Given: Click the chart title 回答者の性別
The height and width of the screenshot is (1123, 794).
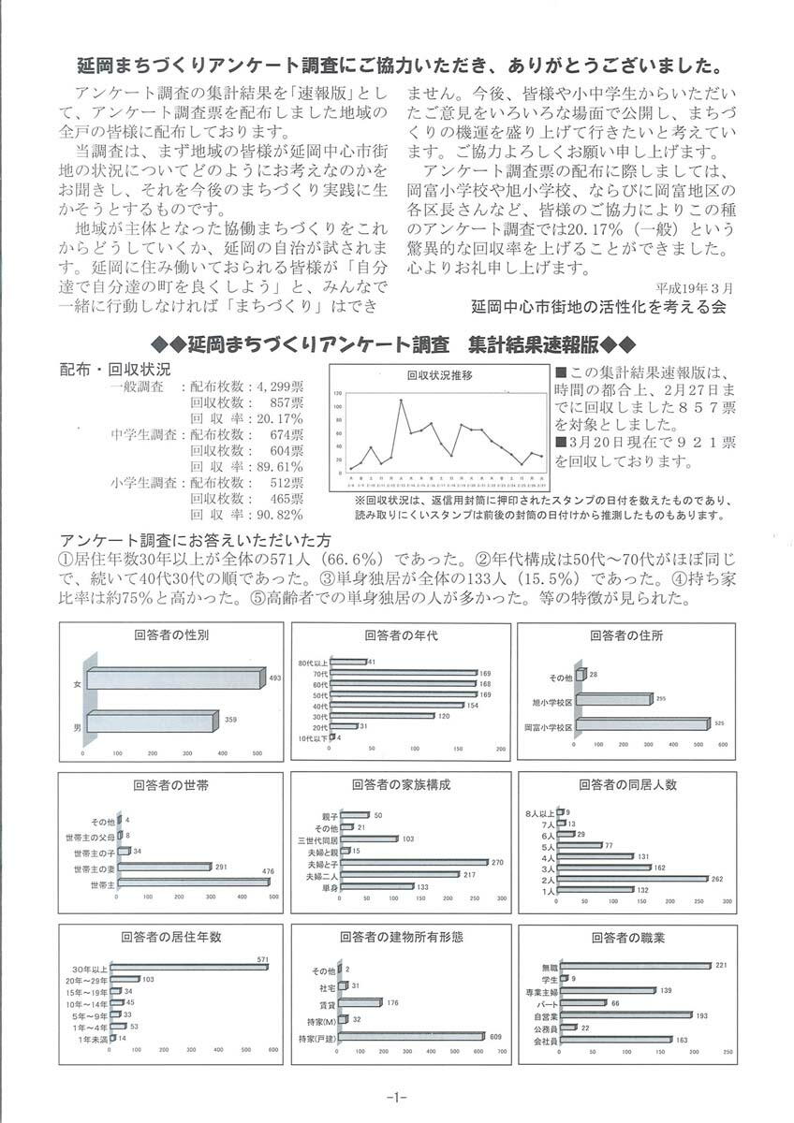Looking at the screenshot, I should point(171,634).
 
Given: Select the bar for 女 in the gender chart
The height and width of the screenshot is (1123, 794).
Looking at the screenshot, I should point(174,678).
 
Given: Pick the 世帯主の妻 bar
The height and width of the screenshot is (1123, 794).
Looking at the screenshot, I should point(164,868).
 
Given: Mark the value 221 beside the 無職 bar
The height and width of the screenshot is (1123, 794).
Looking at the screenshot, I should point(721,965).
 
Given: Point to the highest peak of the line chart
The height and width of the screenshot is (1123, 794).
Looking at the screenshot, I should point(401,401).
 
